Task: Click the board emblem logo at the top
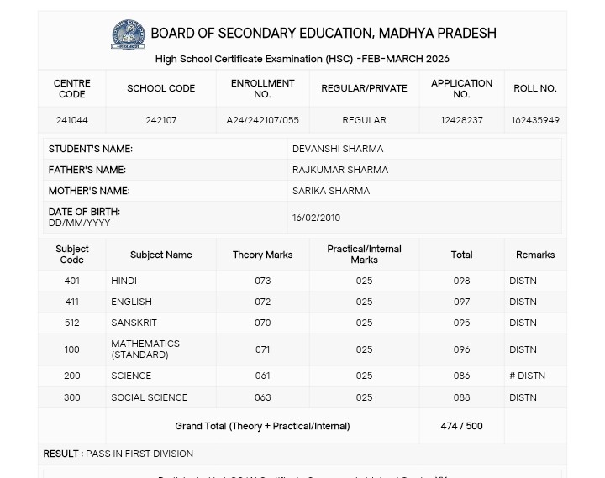(x=128, y=34)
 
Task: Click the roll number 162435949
(x=534, y=120)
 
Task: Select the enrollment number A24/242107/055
(x=262, y=120)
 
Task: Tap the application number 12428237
(x=461, y=120)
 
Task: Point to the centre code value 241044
(x=71, y=120)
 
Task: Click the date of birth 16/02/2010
(x=316, y=218)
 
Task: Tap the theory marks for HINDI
(x=262, y=281)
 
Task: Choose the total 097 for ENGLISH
(x=461, y=302)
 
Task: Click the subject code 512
(x=71, y=323)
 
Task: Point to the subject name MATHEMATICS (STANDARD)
(x=145, y=349)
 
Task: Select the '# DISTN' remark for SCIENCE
(x=527, y=376)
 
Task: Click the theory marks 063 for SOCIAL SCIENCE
(x=262, y=397)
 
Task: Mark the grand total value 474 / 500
(x=461, y=426)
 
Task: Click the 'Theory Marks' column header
(x=262, y=255)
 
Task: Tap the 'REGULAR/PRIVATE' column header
(x=364, y=88)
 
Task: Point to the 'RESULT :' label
(x=62, y=454)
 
